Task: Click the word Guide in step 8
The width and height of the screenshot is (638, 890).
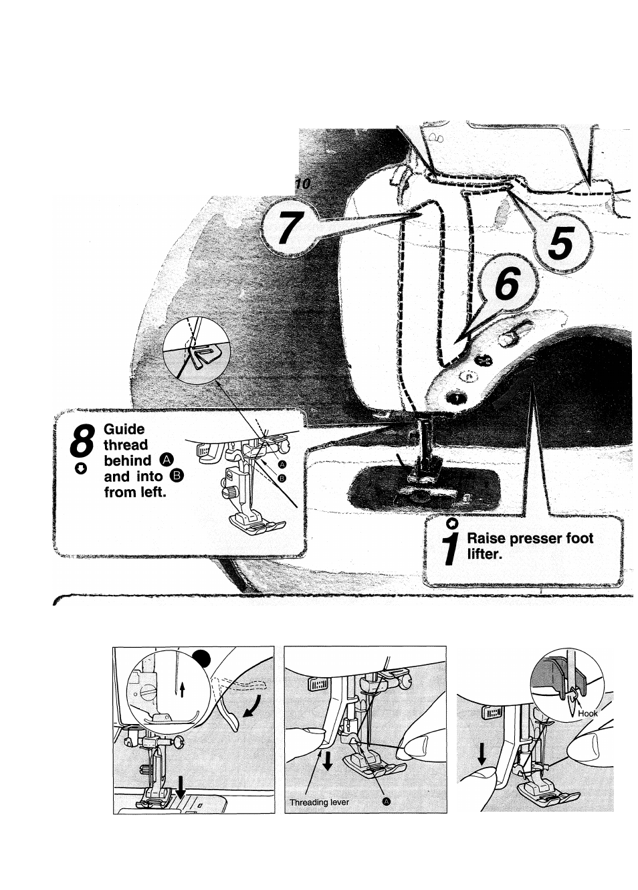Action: click(x=124, y=429)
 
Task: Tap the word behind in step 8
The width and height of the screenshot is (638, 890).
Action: click(x=127, y=460)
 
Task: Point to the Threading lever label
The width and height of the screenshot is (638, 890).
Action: click(x=319, y=802)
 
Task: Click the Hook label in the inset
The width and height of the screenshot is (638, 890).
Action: click(x=588, y=713)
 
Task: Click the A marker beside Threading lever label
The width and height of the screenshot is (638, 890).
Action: click(x=385, y=802)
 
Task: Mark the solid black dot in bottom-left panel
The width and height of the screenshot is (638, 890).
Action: click(x=203, y=658)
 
